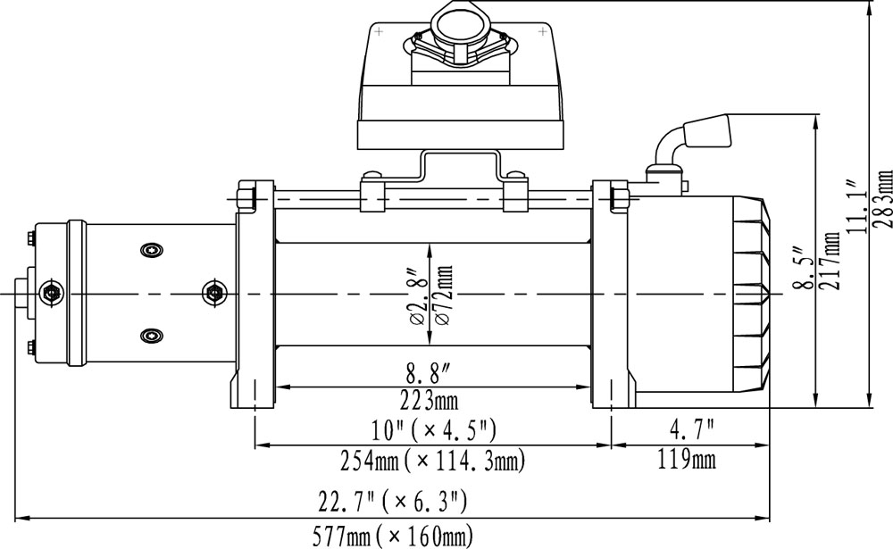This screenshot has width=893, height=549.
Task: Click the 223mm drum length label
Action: (437, 400)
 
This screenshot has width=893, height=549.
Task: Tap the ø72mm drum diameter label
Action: (444, 295)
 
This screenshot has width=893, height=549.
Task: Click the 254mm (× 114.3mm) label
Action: (433, 460)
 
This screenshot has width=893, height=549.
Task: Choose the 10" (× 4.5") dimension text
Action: (433, 430)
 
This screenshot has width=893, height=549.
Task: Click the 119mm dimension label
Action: (686, 459)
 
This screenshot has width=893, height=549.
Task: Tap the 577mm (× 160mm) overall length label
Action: (392, 536)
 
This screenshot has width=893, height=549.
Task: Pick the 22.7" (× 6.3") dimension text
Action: (393, 502)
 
